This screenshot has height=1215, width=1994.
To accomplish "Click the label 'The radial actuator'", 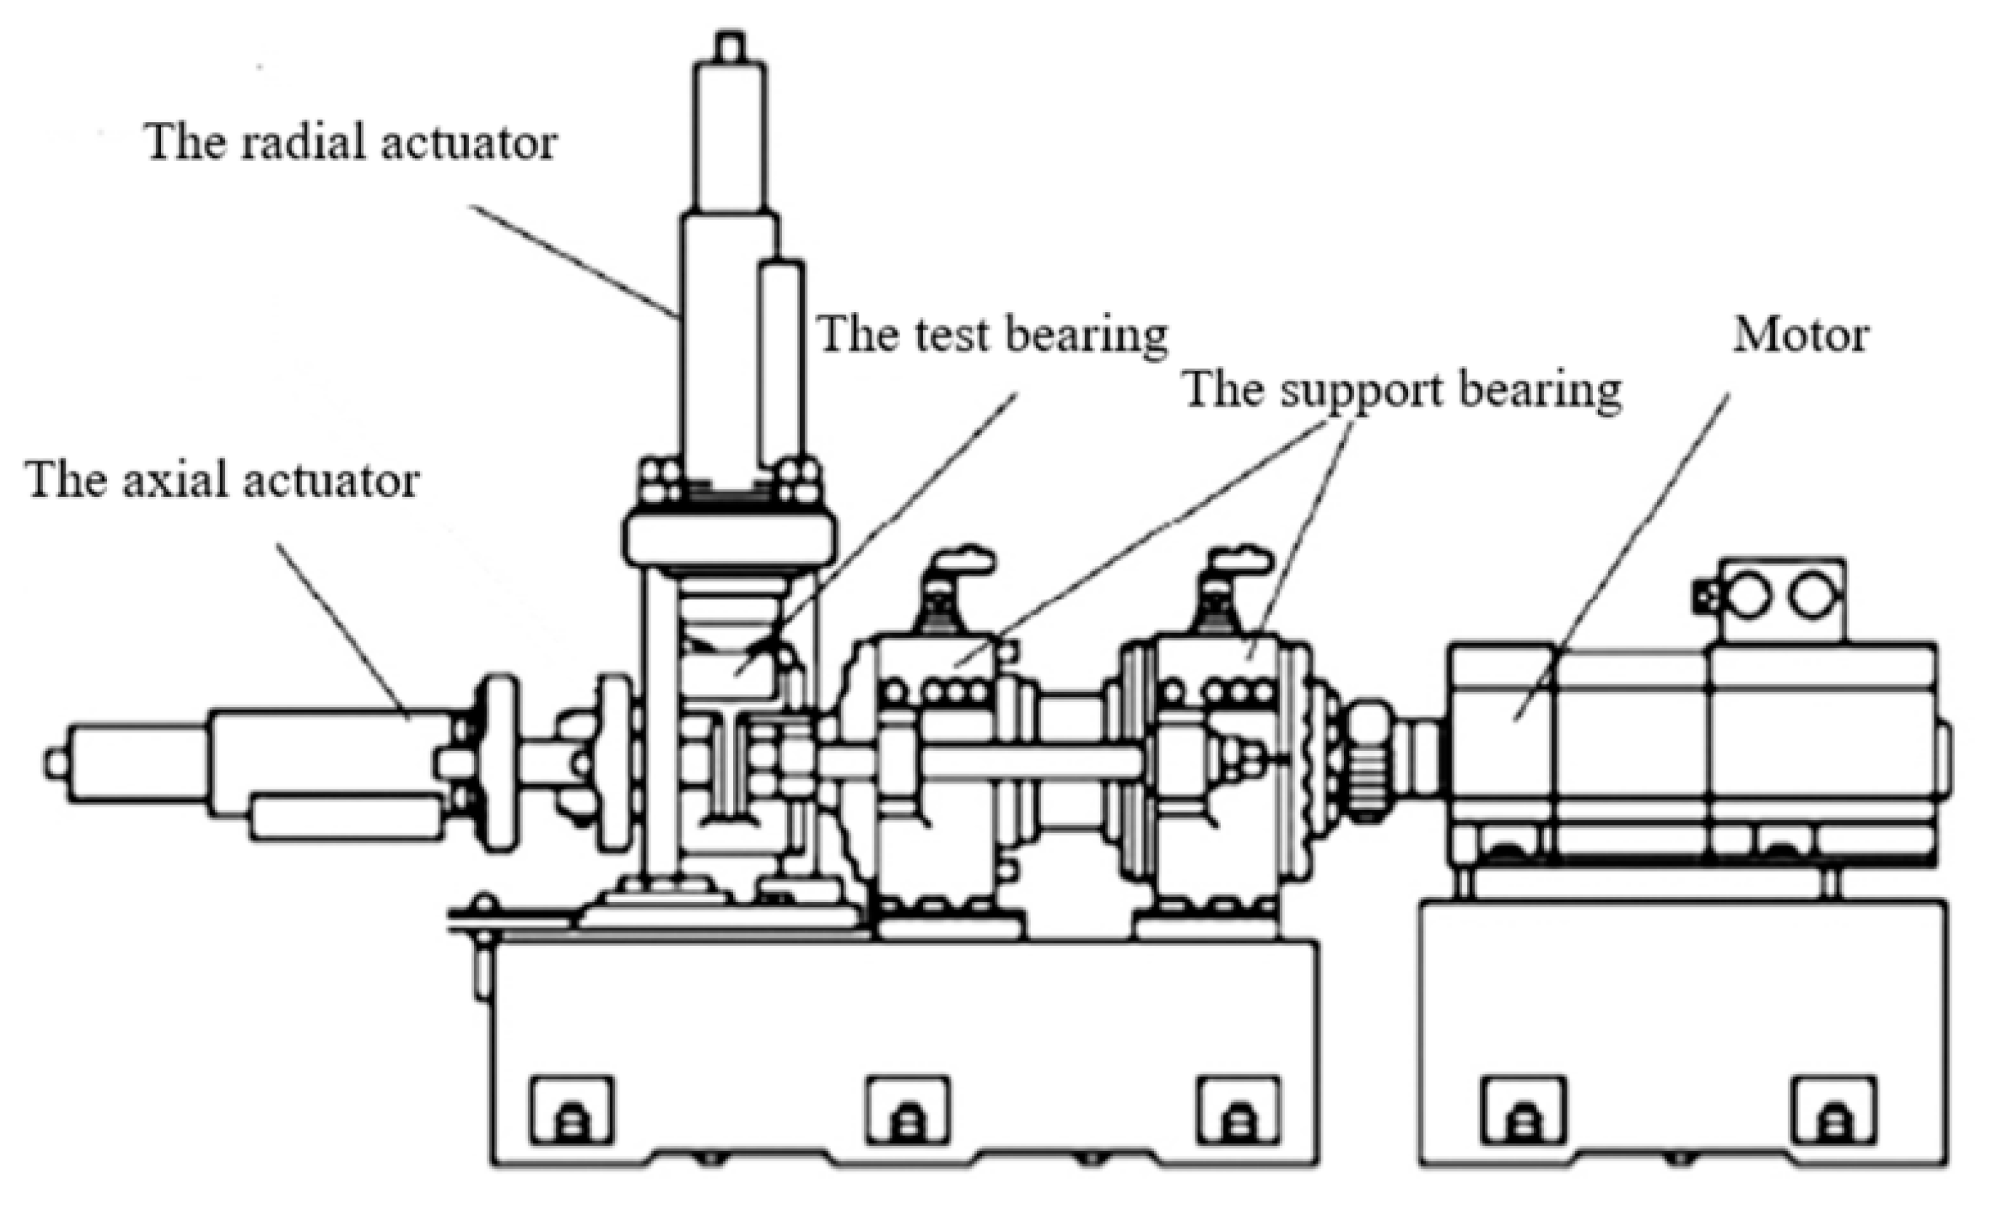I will (350, 143).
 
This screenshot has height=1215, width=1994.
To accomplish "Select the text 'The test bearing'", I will (992, 334).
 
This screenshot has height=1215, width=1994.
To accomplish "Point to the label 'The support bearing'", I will (1402, 391).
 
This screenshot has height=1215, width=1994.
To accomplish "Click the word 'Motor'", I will (1800, 335).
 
